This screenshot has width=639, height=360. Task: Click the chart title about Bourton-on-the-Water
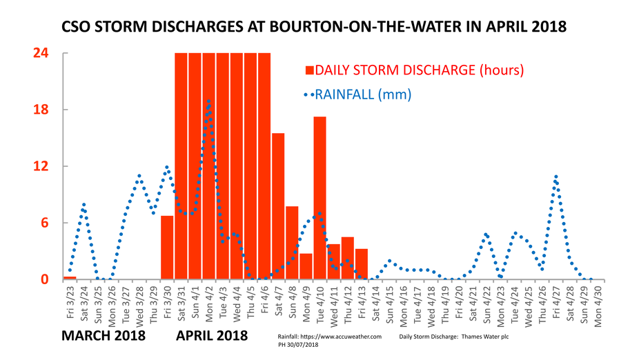coord(314,28)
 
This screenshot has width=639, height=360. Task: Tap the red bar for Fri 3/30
coord(167,248)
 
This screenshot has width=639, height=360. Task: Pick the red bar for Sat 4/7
coord(278,206)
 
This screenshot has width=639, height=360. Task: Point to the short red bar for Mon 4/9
coord(306,266)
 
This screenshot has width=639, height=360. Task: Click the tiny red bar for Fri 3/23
coord(70,277)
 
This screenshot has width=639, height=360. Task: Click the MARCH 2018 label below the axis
coord(104,337)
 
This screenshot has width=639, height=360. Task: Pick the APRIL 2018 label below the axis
coord(212,337)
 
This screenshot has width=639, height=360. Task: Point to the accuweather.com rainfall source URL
coord(329,336)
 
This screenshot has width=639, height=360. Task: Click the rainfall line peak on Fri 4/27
coord(556,177)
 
